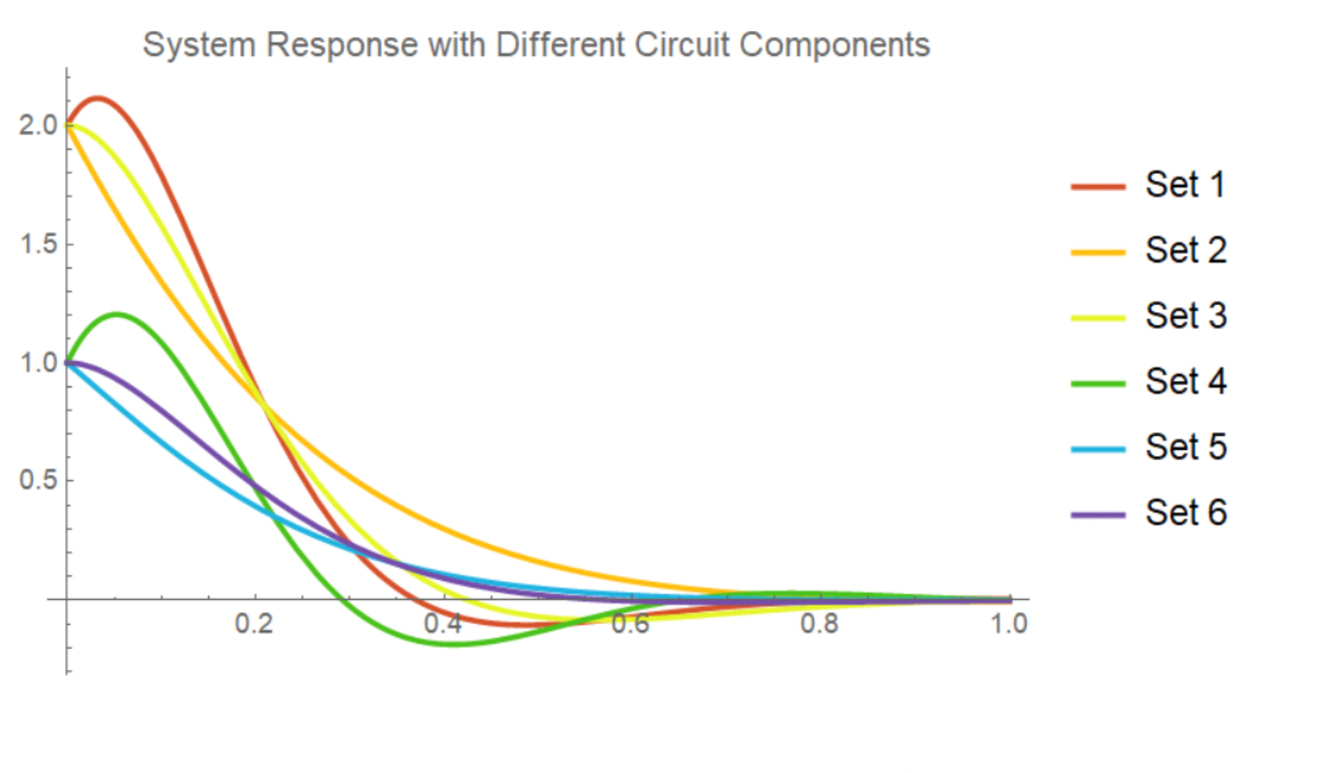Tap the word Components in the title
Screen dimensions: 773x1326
(834, 45)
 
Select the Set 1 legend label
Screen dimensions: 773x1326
(1186, 185)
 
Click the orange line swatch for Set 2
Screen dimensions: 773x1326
(1097, 252)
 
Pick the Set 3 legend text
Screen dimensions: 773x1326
(1186, 316)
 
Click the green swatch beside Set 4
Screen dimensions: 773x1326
(1097, 383)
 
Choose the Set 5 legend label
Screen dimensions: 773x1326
(1186, 447)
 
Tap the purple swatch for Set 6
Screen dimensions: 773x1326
(1097, 514)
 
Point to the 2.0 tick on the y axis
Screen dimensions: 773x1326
(38, 125)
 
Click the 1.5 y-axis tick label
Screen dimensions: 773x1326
(38, 244)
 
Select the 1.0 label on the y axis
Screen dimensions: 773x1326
(38, 363)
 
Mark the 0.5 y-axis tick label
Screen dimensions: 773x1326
(38, 480)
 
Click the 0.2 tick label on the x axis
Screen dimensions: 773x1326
(254, 623)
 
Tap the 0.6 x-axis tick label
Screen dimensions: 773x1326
(631, 623)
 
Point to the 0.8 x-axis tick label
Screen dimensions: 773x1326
(820, 623)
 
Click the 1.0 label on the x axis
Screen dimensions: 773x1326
(1009, 623)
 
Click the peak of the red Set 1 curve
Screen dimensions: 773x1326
(98, 98)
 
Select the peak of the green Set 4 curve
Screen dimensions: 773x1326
(116, 314)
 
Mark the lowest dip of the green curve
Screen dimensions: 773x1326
(452, 644)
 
